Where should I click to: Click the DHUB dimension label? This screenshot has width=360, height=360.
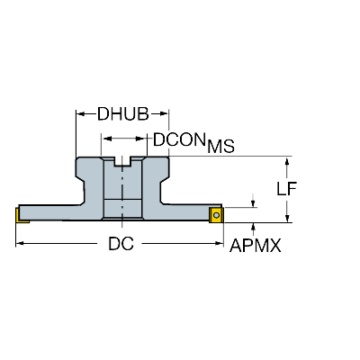(x=123, y=113)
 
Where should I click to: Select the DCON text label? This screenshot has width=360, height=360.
(x=179, y=139)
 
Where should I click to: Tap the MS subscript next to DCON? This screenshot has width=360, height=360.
(x=221, y=147)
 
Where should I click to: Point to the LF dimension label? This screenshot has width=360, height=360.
(x=286, y=189)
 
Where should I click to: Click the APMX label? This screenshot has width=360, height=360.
(x=256, y=246)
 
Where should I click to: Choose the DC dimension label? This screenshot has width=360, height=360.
(x=121, y=244)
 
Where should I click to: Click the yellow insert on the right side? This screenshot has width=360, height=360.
(x=216, y=215)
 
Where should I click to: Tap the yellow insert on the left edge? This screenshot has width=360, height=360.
(x=20, y=216)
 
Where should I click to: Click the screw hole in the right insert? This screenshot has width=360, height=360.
(x=216, y=215)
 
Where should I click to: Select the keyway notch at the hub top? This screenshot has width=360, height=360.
(x=122, y=162)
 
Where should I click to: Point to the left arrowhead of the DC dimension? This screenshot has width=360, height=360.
(x=20, y=244)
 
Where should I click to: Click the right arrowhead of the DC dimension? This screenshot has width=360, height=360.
(x=220, y=244)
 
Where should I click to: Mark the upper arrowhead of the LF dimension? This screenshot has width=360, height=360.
(x=287, y=161)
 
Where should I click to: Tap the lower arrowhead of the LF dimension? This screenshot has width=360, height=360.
(x=287, y=218)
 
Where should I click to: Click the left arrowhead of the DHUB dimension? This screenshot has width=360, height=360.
(x=80, y=113)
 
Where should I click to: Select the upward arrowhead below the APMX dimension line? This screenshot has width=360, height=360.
(x=254, y=228)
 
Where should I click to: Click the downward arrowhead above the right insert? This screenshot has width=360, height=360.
(x=254, y=202)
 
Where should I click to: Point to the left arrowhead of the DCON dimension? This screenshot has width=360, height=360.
(x=107, y=139)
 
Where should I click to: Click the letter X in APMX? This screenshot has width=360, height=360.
(x=276, y=246)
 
